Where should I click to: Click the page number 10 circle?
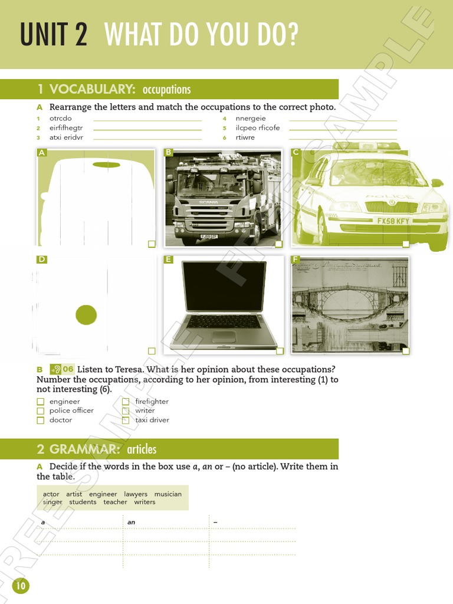[21, 586]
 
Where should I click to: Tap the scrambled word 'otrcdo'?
[60, 119]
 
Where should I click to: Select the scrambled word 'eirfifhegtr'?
[66, 128]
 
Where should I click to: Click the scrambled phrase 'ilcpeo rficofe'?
[258, 128]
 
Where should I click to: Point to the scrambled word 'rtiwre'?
[245, 137]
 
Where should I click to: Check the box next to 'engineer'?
[41, 402]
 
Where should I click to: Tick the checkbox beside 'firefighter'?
[126, 402]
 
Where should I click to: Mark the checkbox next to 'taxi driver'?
[126, 421]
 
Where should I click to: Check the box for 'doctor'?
[41, 421]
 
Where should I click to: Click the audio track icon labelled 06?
[62, 369]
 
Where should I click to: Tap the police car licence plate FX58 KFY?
[393, 221]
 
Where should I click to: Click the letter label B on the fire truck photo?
[169, 152]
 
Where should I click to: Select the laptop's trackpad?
[224, 336]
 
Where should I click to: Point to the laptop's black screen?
[224, 286]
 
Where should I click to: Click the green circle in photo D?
[86, 315]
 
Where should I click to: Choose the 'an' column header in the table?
[131, 522]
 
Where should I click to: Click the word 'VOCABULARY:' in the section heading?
[93, 89]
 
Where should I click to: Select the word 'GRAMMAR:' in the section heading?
[85, 449]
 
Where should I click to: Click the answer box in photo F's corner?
[405, 351]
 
